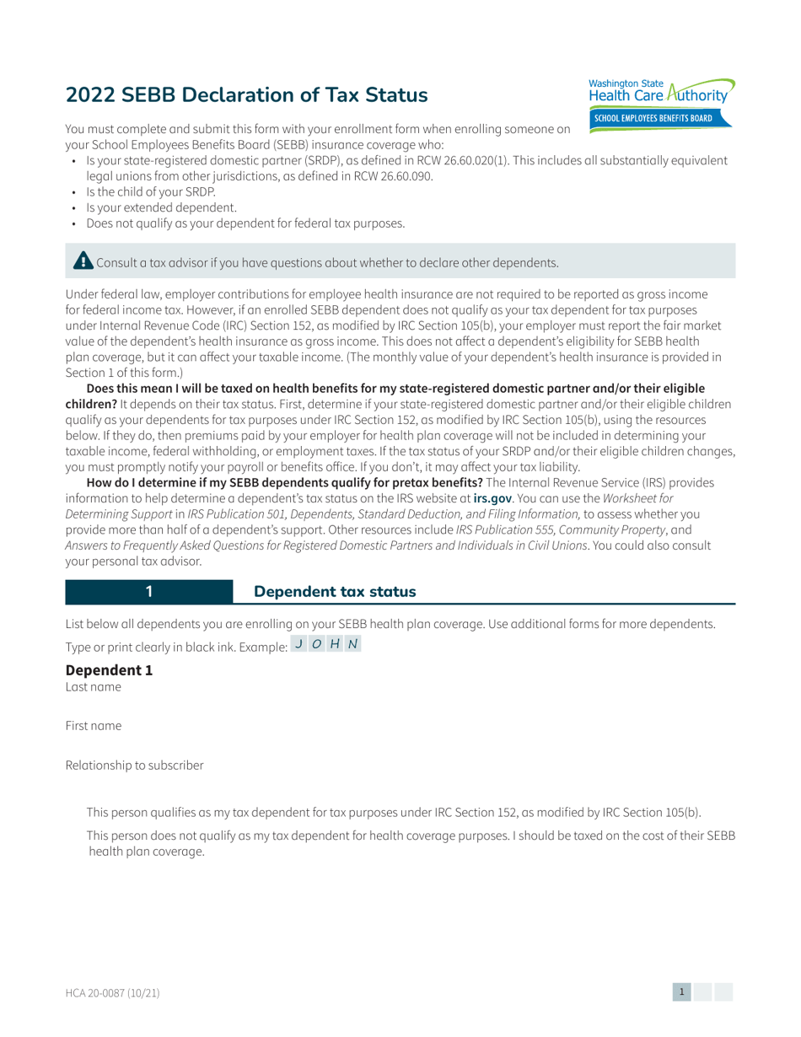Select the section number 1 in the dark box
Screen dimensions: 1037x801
[149, 592]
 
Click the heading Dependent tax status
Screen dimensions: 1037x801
[335, 592]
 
